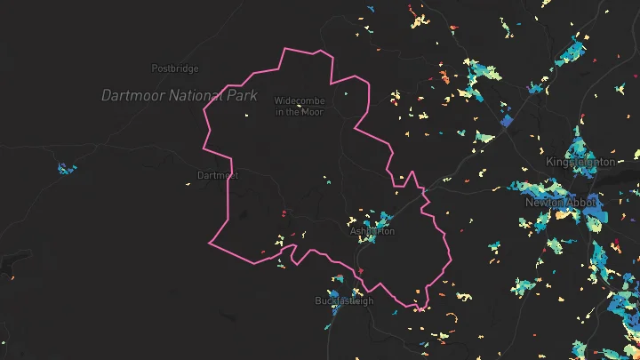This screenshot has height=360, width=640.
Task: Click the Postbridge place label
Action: tap(175, 68)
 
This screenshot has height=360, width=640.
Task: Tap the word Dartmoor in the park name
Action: tap(130, 95)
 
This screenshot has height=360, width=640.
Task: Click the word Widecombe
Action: tap(300, 101)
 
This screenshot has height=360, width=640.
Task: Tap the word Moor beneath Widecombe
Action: tap(312, 112)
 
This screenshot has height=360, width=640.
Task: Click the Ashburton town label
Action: tap(372, 232)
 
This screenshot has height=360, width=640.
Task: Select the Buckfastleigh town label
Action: tap(345, 301)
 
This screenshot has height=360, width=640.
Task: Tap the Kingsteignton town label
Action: tap(580, 162)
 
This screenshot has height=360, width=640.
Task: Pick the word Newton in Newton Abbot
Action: tap(545, 203)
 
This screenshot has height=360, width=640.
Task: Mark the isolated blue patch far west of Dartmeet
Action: tap(66, 168)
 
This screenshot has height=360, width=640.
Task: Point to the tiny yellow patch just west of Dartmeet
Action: tap(188, 184)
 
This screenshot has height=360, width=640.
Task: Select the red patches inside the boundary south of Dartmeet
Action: tap(284, 213)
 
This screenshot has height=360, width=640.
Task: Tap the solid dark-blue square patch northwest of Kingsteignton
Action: tap(508, 121)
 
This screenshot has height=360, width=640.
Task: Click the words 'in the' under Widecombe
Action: tap(287, 112)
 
